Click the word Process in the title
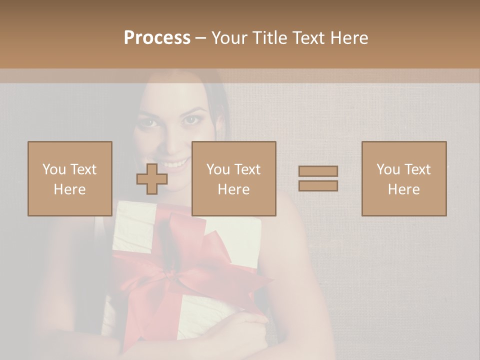[x=157, y=37]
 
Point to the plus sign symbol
[x=152, y=179]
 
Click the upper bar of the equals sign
[x=318, y=171]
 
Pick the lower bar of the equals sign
[x=318, y=185]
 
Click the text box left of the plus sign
[x=70, y=179]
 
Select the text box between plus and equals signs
[x=234, y=179]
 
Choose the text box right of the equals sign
[x=404, y=179]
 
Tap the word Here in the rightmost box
[x=404, y=189]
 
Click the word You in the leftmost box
[x=54, y=169]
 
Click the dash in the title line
[x=201, y=38]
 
